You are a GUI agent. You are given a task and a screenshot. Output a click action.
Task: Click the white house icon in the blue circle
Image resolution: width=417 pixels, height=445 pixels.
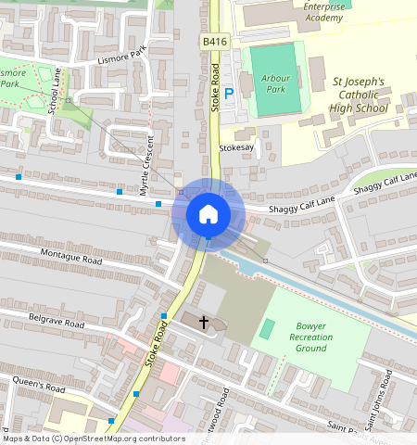(208, 214)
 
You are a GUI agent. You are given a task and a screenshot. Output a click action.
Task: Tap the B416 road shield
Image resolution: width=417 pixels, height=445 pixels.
(213, 43)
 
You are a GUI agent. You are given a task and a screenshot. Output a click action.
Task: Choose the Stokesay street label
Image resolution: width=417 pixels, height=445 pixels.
(235, 147)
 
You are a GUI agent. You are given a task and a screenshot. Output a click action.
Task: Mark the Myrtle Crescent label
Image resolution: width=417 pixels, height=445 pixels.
(145, 167)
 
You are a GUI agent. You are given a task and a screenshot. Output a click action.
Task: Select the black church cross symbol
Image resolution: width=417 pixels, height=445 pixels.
(204, 322)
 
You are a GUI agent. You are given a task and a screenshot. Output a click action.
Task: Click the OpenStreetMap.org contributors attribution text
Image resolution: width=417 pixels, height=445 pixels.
(130, 439)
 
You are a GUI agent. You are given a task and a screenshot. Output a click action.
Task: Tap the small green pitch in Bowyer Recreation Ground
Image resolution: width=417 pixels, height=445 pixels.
(268, 329)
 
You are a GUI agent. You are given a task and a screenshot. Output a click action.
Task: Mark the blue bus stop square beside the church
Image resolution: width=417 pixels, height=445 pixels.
(164, 317)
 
